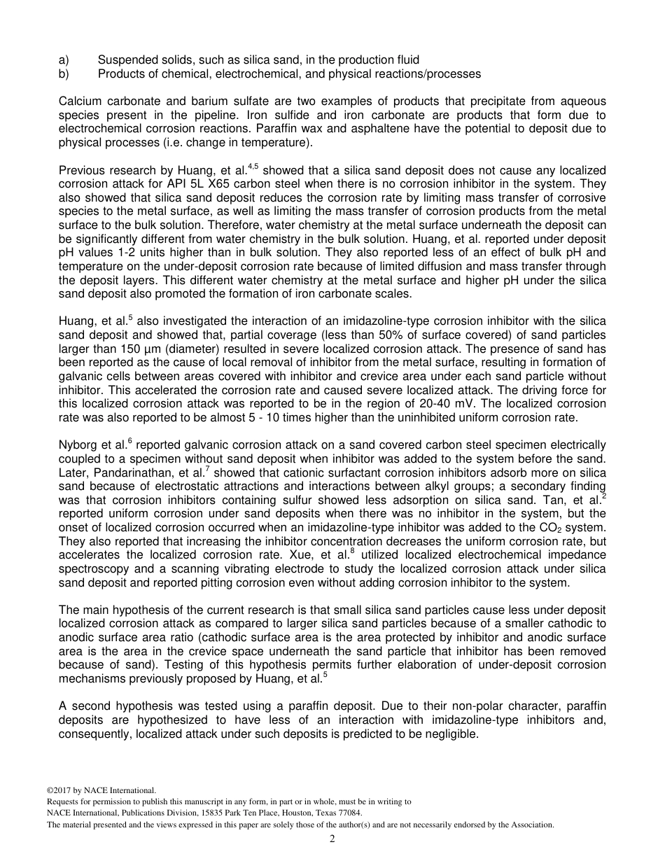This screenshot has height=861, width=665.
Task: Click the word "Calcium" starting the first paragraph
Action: (80, 102)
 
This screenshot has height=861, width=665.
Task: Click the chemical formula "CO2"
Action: (570, 527)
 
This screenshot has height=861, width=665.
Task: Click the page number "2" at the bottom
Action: (332, 839)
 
